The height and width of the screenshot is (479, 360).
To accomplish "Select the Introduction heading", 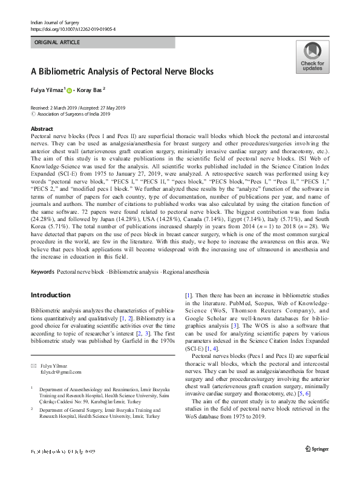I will point(50,295).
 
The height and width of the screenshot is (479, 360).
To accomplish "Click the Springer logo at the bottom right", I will point(316,449).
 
